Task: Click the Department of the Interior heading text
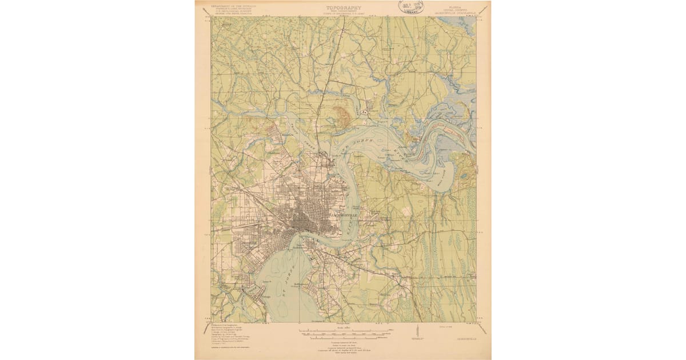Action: [x=234, y=6]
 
